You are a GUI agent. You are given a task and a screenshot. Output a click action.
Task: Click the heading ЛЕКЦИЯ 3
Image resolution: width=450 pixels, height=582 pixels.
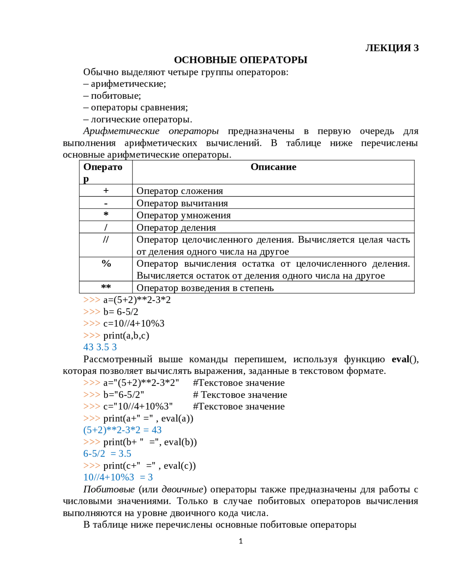coord(392,48)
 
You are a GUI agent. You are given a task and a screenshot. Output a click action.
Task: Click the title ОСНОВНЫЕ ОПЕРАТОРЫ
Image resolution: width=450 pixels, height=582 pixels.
coord(240,60)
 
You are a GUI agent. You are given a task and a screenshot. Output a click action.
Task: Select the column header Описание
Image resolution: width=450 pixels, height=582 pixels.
coord(273,167)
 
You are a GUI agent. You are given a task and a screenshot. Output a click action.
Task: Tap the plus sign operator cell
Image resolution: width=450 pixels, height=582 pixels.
coord(106,190)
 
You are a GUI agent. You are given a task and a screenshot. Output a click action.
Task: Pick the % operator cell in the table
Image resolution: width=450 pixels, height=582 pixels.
coord(106,264)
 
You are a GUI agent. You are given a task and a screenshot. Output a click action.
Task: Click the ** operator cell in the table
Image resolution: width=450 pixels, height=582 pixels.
coord(106,287)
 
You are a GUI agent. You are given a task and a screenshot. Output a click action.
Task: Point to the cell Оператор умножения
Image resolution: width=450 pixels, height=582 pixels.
coord(184,215)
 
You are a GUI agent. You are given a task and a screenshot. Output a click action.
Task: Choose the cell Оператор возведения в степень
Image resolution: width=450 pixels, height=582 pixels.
coord(205,288)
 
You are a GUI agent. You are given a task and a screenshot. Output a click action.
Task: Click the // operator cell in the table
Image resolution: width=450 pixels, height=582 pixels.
coord(106,240)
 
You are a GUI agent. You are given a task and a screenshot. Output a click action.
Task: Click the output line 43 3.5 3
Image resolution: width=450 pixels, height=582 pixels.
coord(100,347)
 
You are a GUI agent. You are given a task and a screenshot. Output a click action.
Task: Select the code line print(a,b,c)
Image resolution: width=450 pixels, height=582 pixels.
coord(126,335)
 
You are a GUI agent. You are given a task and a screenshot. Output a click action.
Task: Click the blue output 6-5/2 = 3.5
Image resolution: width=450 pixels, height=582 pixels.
coord(107,454)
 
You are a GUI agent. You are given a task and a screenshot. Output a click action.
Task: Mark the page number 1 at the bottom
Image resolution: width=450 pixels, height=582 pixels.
coord(240,541)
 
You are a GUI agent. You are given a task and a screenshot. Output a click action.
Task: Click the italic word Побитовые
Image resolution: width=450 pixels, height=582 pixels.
coord(109,489)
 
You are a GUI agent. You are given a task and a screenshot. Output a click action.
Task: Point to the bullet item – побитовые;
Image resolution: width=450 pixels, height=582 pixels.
coord(112,96)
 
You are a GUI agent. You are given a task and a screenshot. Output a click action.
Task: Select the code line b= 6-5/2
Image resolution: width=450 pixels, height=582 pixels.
coord(121,312)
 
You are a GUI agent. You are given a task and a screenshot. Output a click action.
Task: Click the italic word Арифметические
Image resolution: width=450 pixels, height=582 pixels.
coord(121,131)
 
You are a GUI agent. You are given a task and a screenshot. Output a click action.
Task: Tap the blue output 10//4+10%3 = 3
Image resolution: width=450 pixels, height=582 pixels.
coord(118,477)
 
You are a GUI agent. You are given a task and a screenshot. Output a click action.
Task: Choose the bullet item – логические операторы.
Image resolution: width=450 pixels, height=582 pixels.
coord(138,119)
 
